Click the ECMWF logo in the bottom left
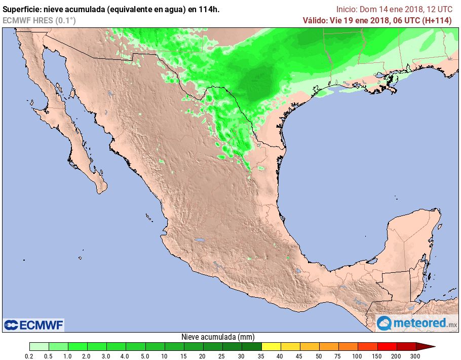click(x=33, y=325)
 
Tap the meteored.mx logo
click(x=417, y=322)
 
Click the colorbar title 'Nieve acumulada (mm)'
click(x=218, y=337)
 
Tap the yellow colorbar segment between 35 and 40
click(x=271, y=346)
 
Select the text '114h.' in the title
click(x=209, y=9)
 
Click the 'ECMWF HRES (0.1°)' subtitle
click(x=39, y=20)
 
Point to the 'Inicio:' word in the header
click(x=347, y=9)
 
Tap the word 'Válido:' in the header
click(x=317, y=20)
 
